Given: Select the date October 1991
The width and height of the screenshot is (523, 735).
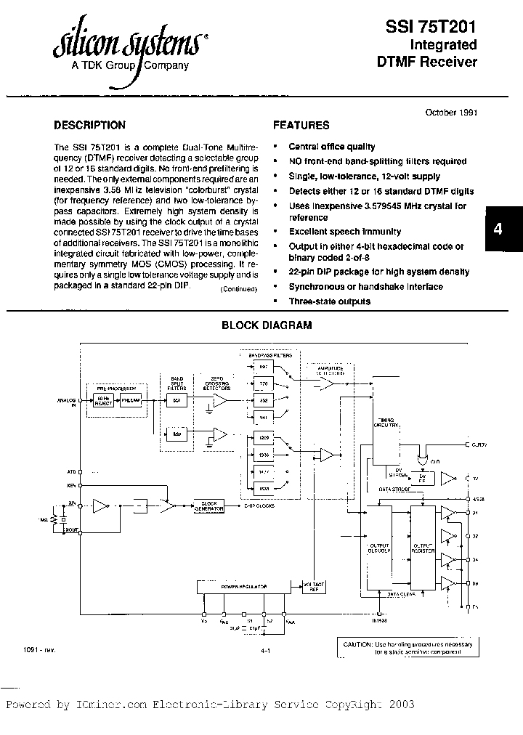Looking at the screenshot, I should pyautogui.click(x=450, y=113).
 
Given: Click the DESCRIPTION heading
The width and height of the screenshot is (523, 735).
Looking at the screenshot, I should pyautogui.click(x=89, y=125).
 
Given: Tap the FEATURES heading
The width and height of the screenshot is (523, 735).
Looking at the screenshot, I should pyautogui.click(x=301, y=125).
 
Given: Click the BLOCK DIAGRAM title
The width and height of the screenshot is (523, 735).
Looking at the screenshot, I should pyautogui.click(x=267, y=325).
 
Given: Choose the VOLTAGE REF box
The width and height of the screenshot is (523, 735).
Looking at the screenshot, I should pyautogui.click(x=315, y=588).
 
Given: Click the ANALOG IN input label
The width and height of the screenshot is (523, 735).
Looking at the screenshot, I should pyautogui.click(x=67, y=402).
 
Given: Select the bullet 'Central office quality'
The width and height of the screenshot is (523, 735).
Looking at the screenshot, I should pyautogui.click(x=332, y=147).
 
